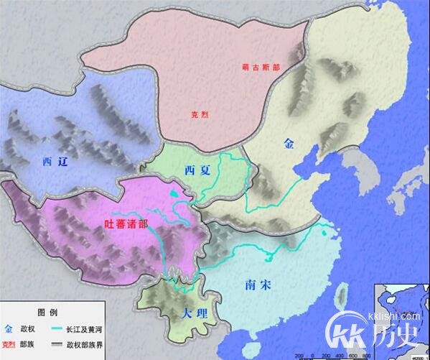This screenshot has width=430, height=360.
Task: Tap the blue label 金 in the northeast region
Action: pyautogui.click(x=289, y=144)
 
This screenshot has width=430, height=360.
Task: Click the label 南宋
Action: pyautogui.click(x=257, y=285)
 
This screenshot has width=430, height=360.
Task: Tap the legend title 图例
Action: pyautogui.click(x=47, y=313)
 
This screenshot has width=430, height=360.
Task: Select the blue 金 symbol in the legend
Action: pyautogui.click(x=9, y=328)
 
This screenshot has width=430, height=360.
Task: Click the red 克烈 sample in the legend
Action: pyautogui.click(x=9, y=343)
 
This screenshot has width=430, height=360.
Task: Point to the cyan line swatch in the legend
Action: pyautogui.click(x=61, y=329)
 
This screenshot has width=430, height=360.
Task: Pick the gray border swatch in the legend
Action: pyautogui.click(x=61, y=343)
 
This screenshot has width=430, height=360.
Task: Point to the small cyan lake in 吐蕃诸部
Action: pyautogui.click(x=173, y=193)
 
